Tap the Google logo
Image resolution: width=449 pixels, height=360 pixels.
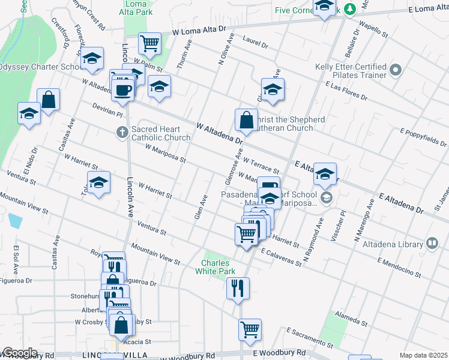[19, 353]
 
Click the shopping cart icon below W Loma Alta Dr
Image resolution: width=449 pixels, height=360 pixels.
[149, 43]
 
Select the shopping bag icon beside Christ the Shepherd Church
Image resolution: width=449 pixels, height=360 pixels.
[246, 121]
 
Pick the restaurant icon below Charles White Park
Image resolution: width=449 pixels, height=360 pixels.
[238, 288]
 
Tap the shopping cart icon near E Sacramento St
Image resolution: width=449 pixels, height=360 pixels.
[250, 329]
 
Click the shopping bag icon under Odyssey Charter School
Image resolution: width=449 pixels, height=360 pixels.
[48, 100]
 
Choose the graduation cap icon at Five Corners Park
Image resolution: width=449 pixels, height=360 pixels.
[324, 6]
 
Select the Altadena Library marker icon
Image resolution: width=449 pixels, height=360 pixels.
[432, 244]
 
